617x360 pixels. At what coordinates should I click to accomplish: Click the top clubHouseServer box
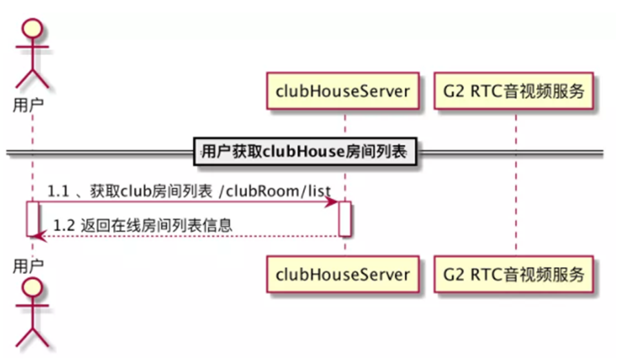pos(343,91)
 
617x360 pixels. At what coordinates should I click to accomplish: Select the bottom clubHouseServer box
pos(343,275)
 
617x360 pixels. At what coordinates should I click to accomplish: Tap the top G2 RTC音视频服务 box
pos(514,91)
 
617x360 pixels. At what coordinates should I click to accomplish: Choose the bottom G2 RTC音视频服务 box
pos(514,275)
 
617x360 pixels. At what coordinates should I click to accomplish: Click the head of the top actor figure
pos(32,28)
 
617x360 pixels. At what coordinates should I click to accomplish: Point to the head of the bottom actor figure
pos(32,287)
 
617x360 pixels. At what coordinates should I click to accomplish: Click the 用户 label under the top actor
pos(28,105)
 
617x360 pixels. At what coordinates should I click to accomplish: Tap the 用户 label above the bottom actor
pos(28,266)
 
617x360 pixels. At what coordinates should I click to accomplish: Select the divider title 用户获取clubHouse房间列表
pos(304,151)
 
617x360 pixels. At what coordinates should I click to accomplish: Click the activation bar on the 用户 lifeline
pos(32,219)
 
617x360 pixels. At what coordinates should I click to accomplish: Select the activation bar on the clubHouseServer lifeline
pos(345,219)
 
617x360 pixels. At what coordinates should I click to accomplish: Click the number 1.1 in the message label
pos(59,191)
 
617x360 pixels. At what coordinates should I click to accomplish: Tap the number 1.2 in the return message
pos(64,226)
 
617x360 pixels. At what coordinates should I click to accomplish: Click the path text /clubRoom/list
pos(275,191)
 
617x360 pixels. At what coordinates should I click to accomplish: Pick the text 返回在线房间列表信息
pos(156,226)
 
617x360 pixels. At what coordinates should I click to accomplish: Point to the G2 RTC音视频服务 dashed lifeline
pos(516,182)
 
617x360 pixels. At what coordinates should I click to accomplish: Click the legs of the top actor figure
pos(32,78)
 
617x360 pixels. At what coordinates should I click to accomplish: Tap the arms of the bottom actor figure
pos(32,306)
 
